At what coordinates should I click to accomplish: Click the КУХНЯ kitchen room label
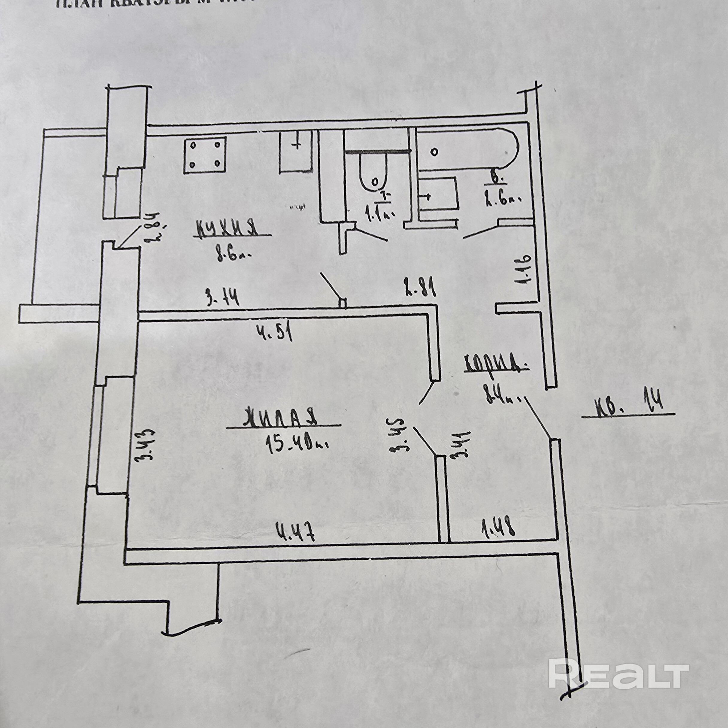click(227, 228)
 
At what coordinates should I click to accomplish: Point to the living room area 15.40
click(297, 446)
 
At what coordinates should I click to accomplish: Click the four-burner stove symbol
click(205, 155)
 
